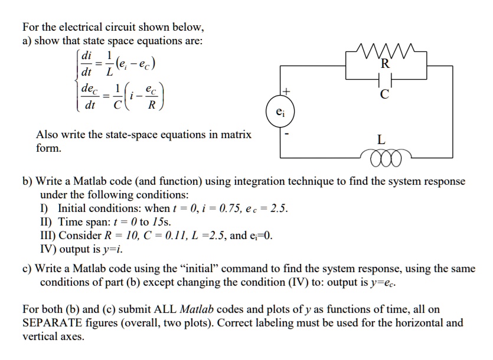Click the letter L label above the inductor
point(381,140)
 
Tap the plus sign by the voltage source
point(288,91)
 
